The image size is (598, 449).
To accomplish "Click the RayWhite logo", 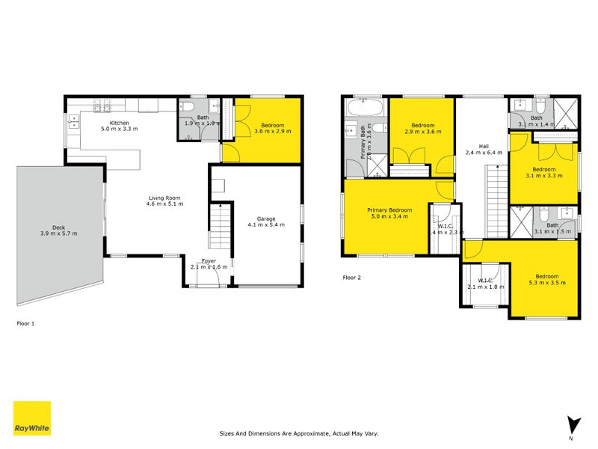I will coord(32,418).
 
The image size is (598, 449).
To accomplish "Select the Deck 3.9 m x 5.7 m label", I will coord(59,230).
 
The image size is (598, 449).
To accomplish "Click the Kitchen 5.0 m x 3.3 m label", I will coord(120,126).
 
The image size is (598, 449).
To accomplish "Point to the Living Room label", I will coord(164,201).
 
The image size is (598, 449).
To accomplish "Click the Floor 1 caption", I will coord(25,324).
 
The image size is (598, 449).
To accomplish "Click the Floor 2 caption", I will coord(351,278).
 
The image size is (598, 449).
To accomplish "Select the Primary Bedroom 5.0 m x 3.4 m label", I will coord(386,213).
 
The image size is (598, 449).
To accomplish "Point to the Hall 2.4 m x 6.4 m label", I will coord(481,149).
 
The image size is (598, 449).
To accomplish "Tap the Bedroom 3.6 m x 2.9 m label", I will coord(272,128).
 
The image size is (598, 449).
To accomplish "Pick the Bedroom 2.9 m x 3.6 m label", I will coord(422,128).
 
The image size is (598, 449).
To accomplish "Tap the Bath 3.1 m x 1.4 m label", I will coord(536,120).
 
